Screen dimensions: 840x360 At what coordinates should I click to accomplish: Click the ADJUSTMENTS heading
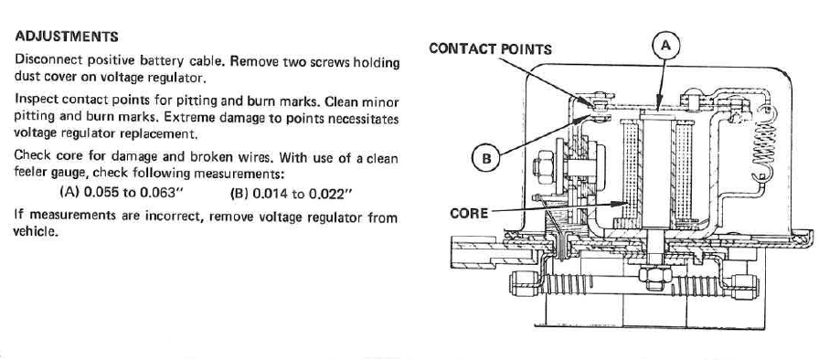[67, 37]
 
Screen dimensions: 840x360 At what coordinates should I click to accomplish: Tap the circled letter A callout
[665, 46]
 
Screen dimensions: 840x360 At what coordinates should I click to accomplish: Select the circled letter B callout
[485, 158]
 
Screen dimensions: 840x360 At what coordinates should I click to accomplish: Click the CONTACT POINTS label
[490, 49]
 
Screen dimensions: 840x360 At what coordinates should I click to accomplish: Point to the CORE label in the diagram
[469, 213]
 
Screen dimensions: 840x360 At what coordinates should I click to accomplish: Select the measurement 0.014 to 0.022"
[303, 193]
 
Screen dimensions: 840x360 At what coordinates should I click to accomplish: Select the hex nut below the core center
[655, 276]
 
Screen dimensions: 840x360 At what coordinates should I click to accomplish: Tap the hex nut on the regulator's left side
[543, 166]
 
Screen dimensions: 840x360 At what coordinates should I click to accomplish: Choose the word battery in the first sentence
[164, 61]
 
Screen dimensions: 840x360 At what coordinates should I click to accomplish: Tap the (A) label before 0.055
[69, 192]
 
